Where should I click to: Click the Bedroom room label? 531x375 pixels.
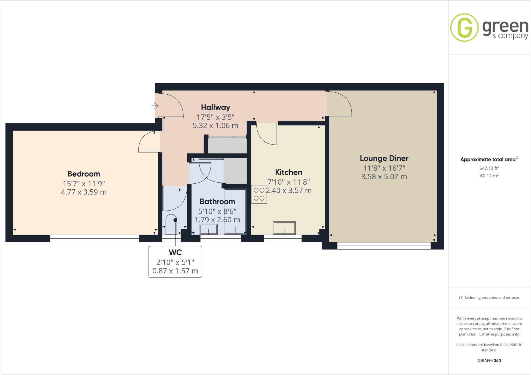click(83, 174)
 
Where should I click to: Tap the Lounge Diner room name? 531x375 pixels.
click(384, 158)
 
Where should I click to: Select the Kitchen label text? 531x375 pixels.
click(288, 172)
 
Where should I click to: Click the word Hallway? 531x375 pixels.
click(215, 107)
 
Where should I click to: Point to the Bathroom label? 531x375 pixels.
click(217, 202)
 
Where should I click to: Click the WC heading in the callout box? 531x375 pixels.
click(175, 252)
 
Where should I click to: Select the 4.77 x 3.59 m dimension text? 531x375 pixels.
click(83, 192)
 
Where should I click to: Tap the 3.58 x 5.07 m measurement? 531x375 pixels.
click(384, 177)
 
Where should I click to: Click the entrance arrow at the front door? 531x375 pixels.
click(155, 106)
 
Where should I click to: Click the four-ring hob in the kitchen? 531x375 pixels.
click(259, 194)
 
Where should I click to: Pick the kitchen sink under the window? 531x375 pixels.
click(284, 228)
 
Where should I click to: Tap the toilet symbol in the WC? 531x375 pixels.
click(171, 223)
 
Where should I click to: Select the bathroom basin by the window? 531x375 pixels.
click(208, 229)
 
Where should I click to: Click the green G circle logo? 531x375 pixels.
click(464, 27)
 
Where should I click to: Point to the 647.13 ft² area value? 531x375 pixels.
click(489, 168)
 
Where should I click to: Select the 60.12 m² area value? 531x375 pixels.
click(489, 176)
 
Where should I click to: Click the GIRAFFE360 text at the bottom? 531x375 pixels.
click(489, 360)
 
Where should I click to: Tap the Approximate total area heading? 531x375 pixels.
click(488, 159)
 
